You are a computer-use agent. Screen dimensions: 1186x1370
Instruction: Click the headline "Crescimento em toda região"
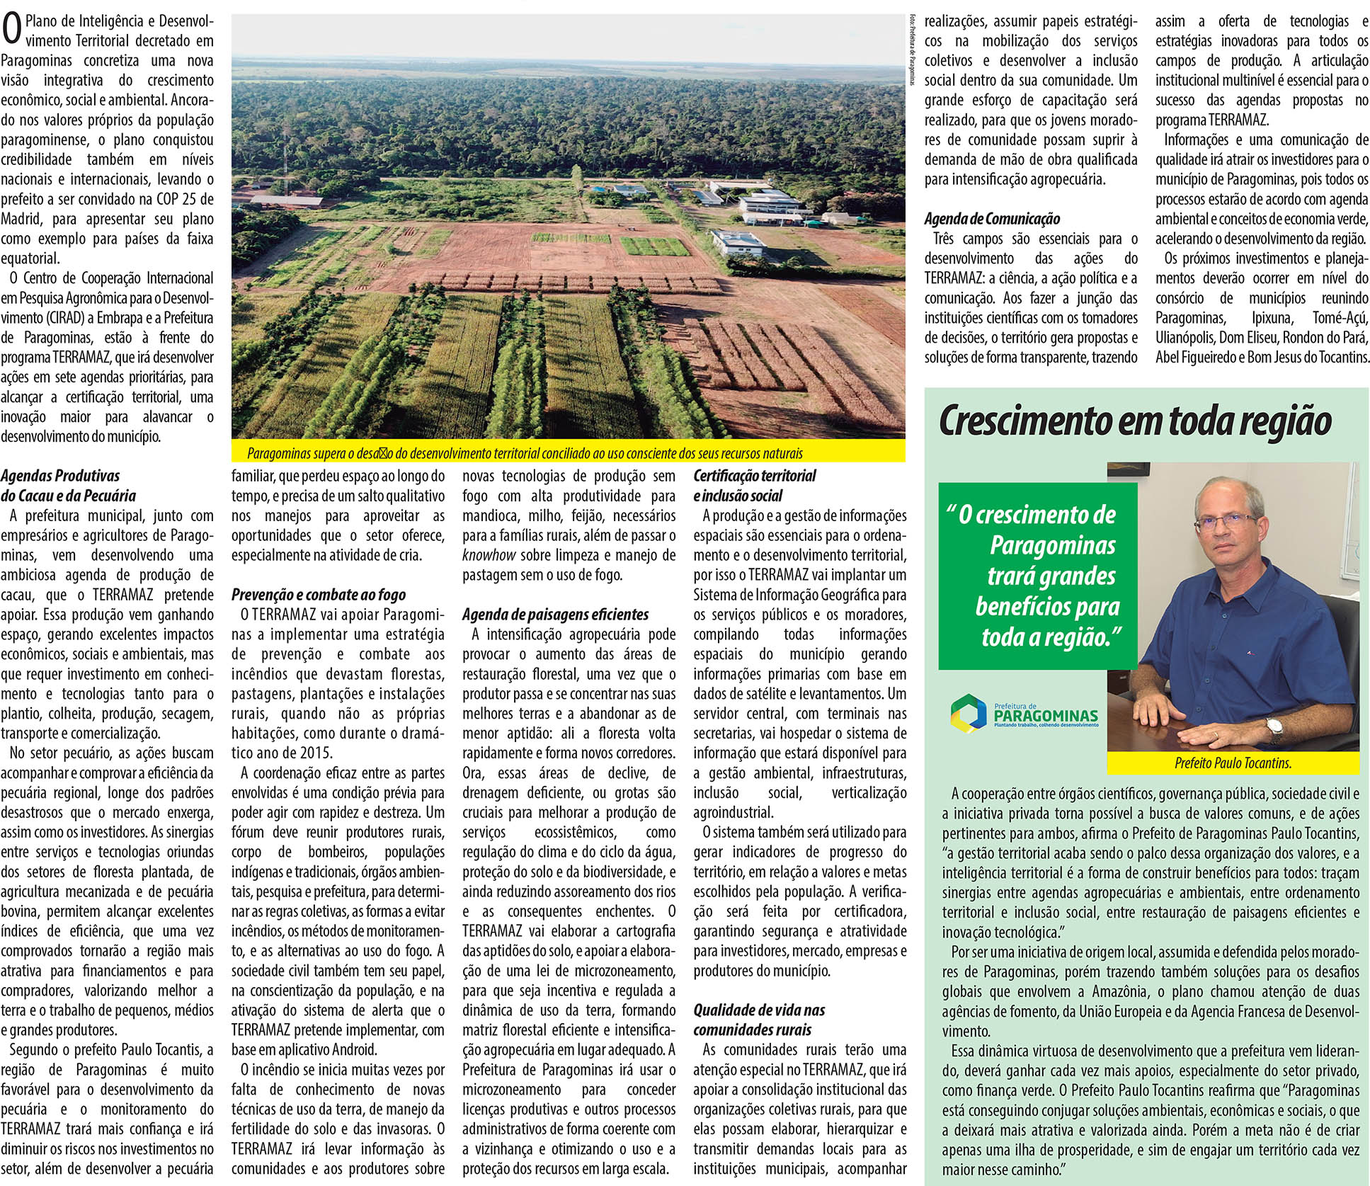point(1135,421)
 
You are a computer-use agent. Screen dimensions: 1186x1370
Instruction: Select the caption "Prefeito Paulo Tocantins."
point(1233,763)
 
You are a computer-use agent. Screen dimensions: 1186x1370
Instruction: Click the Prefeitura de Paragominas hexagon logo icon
point(967,712)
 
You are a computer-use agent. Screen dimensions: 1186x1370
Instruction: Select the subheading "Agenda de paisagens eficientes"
point(555,615)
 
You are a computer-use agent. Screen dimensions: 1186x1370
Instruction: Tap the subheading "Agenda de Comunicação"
point(992,219)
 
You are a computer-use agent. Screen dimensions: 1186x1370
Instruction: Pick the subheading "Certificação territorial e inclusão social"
point(755,486)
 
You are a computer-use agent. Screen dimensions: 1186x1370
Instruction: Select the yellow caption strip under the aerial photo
point(568,453)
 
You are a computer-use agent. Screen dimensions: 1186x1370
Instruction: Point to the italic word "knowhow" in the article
point(489,555)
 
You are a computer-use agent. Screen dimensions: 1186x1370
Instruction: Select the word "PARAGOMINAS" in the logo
point(1046,716)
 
